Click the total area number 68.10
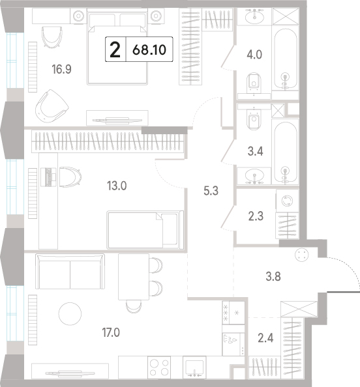click(x=149, y=50)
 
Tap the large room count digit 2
click(x=115, y=50)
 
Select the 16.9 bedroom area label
click(x=61, y=69)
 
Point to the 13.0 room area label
click(x=117, y=186)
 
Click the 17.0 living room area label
click(x=111, y=332)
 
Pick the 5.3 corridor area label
click(x=211, y=191)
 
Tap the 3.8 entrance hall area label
click(x=273, y=276)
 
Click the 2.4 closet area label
click(x=265, y=338)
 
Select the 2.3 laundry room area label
click(x=256, y=216)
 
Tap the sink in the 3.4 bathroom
click(x=254, y=176)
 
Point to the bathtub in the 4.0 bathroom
click(x=285, y=59)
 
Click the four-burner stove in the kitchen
click(x=159, y=367)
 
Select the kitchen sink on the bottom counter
click(x=194, y=367)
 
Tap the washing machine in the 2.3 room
click(x=288, y=201)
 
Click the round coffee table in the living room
click(x=70, y=313)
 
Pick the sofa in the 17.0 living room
click(x=70, y=271)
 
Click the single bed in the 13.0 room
click(x=145, y=230)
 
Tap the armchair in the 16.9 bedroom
click(x=52, y=106)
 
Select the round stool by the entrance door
click(x=302, y=255)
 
